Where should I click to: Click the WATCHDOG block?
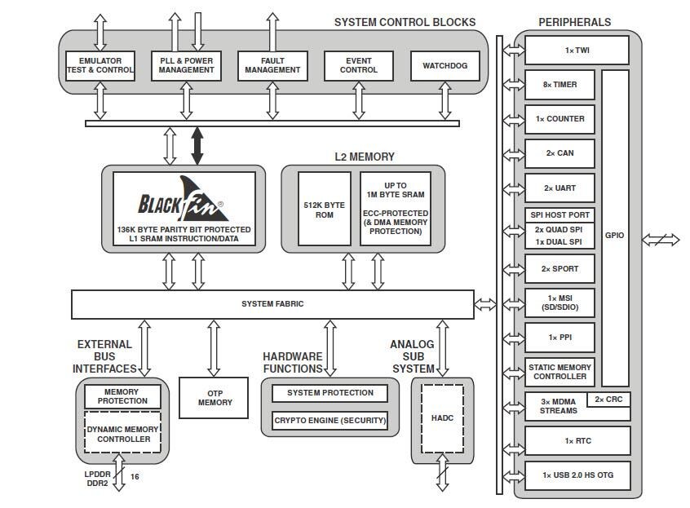(445, 65)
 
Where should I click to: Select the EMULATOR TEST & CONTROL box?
(100, 65)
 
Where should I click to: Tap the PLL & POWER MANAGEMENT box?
(186, 65)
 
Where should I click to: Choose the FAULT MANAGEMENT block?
(272, 65)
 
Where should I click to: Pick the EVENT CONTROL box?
(359, 65)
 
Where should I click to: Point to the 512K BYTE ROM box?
(324, 209)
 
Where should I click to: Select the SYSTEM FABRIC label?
(272, 304)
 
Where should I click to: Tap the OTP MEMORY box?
(214, 398)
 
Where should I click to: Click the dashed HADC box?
(442, 418)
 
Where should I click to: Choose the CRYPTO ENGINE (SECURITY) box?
(330, 421)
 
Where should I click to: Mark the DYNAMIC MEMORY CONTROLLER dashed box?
(123, 434)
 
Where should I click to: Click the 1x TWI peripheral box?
(577, 50)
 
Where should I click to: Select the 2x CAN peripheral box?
(560, 153)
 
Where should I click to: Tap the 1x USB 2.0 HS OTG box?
(577, 475)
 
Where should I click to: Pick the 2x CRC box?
(609, 400)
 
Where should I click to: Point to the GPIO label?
(615, 236)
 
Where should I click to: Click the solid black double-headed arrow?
(197, 146)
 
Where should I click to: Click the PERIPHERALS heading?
(575, 22)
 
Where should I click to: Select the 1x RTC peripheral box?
(577, 441)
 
